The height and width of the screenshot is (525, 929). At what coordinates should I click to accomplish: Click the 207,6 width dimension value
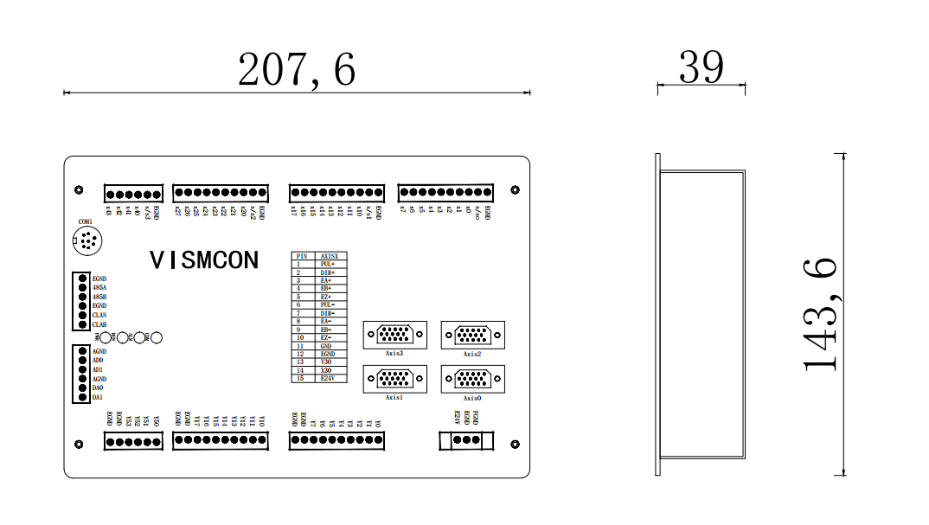click(297, 69)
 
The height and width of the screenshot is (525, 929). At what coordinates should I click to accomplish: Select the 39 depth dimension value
click(701, 67)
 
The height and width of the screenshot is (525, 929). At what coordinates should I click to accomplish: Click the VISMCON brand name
click(204, 260)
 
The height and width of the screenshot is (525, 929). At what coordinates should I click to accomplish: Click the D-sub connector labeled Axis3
click(394, 334)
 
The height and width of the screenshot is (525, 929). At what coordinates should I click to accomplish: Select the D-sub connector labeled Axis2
click(472, 334)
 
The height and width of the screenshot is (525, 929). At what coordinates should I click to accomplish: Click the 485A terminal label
click(99, 287)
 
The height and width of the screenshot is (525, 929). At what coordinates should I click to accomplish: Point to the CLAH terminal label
click(99, 324)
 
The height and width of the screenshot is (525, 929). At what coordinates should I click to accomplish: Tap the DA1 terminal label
click(98, 398)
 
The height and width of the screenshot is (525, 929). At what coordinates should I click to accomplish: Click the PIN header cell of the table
click(302, 256)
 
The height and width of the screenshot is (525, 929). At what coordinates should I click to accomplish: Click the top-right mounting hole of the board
click(516, 189)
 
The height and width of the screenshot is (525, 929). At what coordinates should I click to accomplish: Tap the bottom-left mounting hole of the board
click(79, 444)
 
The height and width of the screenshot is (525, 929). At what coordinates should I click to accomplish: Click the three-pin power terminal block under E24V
click(467, 440)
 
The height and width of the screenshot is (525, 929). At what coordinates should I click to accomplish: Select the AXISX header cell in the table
click(329, 256)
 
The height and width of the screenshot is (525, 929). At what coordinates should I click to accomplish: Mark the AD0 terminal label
click(98, 361)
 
